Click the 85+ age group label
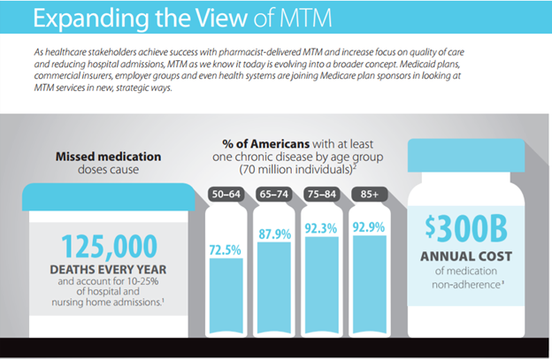pos(368,194)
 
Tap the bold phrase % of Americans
pos(259,142)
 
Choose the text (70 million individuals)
pos(293,167)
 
